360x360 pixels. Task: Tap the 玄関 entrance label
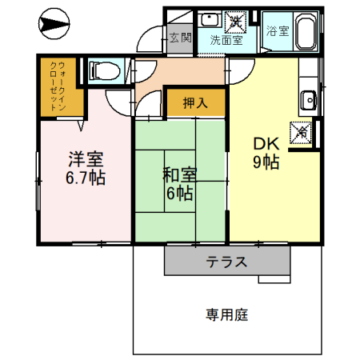[x=180, y=37]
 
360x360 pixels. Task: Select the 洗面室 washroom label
[x=226, y=38]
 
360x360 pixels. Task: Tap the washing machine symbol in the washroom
[x=238, y=19]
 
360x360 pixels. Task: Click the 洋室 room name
[x=85, y=159]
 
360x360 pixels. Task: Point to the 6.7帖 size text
[x=85, y=178]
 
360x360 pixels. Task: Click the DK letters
[x=266, y=144]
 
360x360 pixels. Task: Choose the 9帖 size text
[x=266, y=162]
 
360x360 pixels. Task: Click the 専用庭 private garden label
[x=226, y=314]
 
